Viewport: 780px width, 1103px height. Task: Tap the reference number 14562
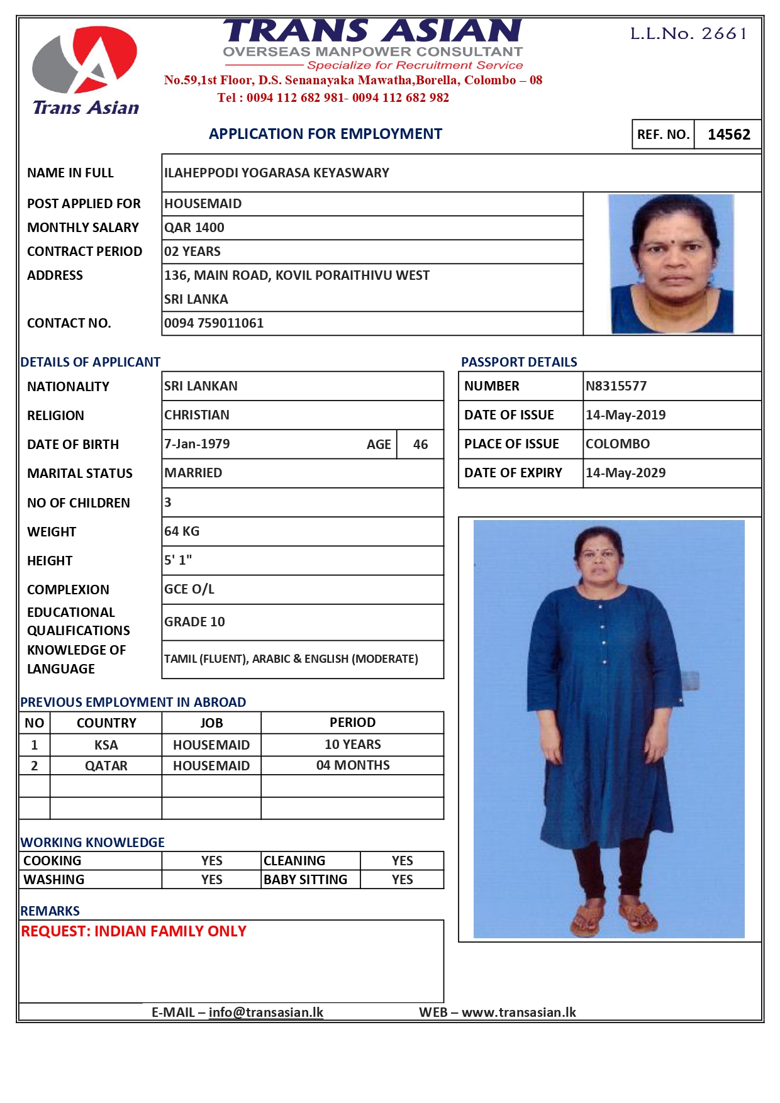[x=728, y=135]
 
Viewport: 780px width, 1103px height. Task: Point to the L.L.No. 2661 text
[x=689, y=33]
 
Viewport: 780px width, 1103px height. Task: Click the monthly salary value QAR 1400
[x=194, y=228]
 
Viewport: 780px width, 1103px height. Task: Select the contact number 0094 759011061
[x=214, y=323]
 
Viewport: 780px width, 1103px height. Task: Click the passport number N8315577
[x=616, y=386]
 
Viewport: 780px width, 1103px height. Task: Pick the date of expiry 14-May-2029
[x=625, y=473]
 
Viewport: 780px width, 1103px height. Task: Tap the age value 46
[x=420, y=445]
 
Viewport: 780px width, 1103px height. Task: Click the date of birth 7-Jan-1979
[x=197, y=444]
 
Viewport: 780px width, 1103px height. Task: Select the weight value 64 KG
[x=182, y=531]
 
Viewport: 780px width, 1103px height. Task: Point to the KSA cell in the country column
[x=106, y=745]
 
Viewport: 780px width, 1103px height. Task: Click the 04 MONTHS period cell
[x=353, y=765]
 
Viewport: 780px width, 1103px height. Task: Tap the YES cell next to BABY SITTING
[x=402, y=880]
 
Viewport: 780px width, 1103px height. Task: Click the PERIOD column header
[x=352, y=723]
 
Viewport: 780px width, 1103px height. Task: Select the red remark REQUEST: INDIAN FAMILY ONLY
[x=133, y=931]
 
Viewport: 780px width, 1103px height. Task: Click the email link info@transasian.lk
[x=265, y=1012]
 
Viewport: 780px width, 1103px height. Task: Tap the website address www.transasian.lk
[x=518, y=1012]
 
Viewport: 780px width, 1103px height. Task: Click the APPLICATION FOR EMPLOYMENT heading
[x=325, y=134]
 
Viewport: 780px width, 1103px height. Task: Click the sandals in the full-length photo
[x=613, y=915]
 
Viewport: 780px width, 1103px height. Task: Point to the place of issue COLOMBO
[x=617, y=444]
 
